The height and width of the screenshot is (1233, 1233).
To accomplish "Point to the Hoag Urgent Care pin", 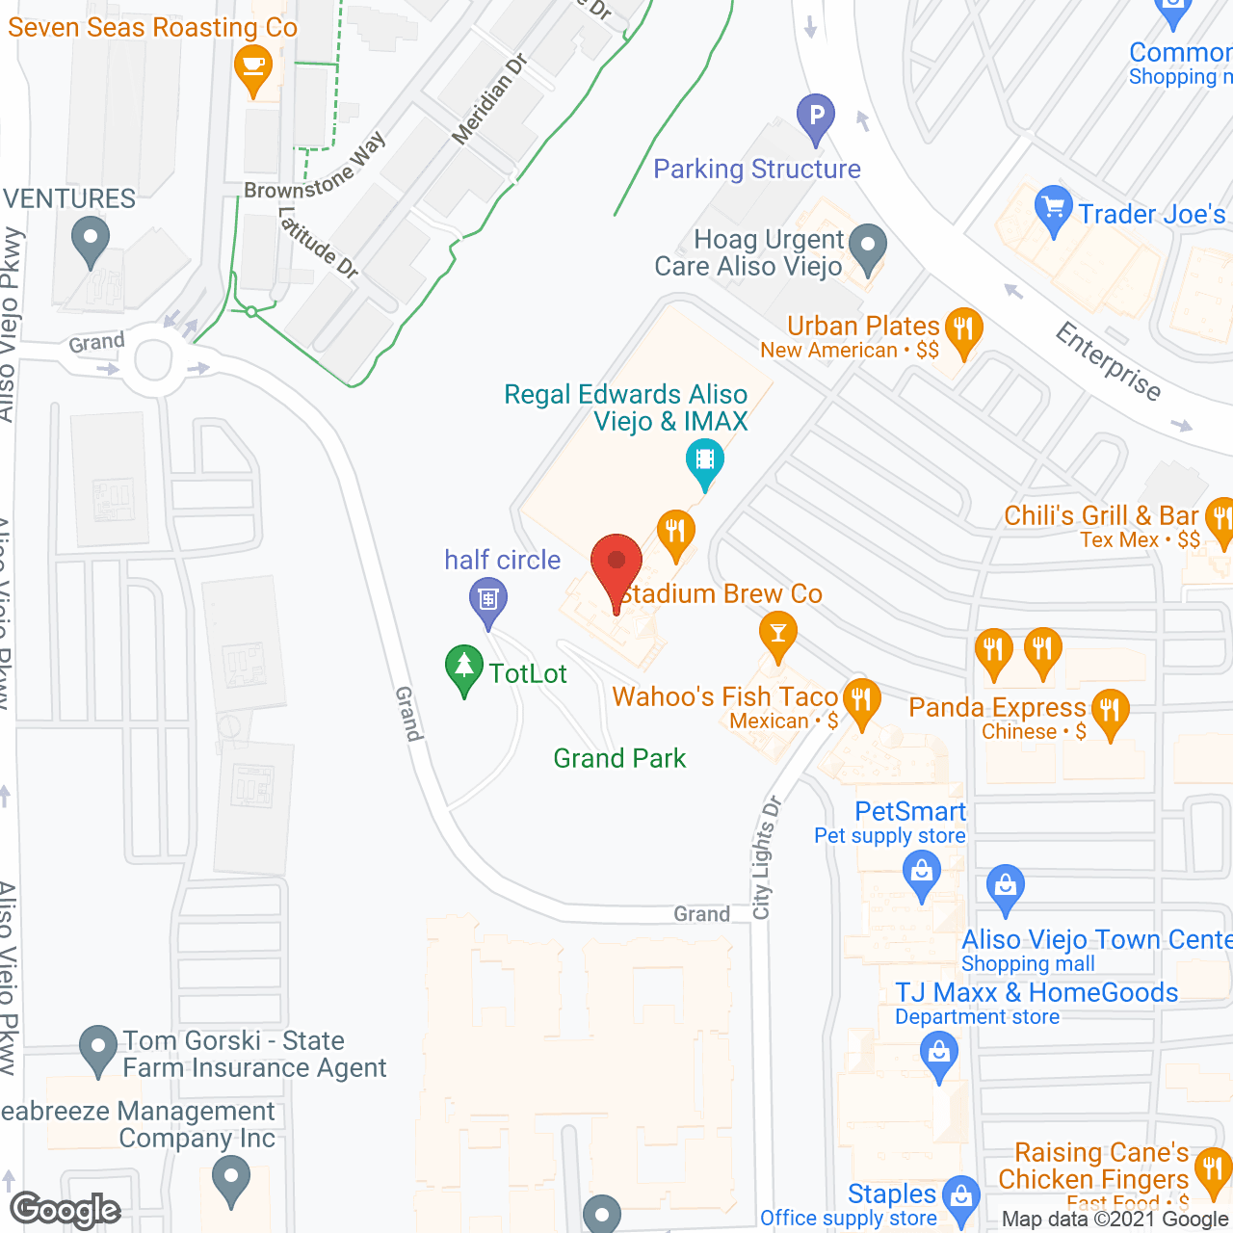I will (869, 248).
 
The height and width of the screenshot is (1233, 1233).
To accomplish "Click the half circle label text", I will (502, 560).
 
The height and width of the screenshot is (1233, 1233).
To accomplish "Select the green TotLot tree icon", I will (464, 669).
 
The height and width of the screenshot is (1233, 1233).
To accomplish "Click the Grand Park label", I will (619, 758).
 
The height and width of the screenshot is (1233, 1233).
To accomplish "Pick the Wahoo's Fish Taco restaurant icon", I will (861, 700).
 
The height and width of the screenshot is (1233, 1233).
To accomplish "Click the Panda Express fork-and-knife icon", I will (1111, 714).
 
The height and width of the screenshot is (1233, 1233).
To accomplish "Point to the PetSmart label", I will (910, 811).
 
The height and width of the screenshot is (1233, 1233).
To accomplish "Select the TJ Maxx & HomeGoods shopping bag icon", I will (938, 1053).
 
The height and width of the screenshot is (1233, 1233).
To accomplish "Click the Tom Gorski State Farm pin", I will (97, 1049).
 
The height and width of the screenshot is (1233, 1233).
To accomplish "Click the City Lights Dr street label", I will (767, 857).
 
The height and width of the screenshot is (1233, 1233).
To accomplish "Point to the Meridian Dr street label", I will (489, 98).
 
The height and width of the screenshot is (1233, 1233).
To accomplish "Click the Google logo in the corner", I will (66, 1210).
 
